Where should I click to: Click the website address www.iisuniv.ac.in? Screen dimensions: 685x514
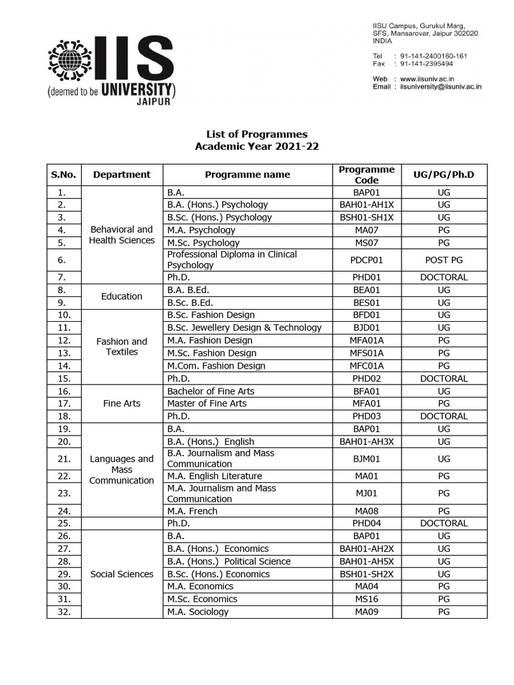coord(436,78)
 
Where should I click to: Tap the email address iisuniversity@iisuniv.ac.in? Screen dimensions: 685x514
coord(440,86)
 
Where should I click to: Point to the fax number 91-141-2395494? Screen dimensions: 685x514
coord(426,64)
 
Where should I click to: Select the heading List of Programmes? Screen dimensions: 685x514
coord(256,134)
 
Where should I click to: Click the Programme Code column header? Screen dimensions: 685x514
coord(367,175)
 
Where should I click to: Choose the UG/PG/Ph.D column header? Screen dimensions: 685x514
coord(444,175)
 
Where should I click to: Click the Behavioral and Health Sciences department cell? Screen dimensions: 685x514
coord(121,235)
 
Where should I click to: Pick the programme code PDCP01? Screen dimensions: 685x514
coord(367,260)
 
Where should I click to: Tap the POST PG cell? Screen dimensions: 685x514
coord(444,260)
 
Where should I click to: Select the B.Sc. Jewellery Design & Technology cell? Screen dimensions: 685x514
coord(244,328)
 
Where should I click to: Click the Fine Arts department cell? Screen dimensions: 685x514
coord(121,403)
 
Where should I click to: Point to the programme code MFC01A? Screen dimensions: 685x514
coord(367,366)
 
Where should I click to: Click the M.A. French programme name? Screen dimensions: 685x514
coord(192,511)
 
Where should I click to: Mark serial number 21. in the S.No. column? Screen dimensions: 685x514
coord(64,459)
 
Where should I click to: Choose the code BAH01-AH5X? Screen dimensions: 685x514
coord(367,561)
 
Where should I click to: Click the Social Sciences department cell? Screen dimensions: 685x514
coord(121,574)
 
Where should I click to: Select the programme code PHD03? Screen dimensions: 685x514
coord(367,416)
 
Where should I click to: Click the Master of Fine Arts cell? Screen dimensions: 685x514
coord(207,403)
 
